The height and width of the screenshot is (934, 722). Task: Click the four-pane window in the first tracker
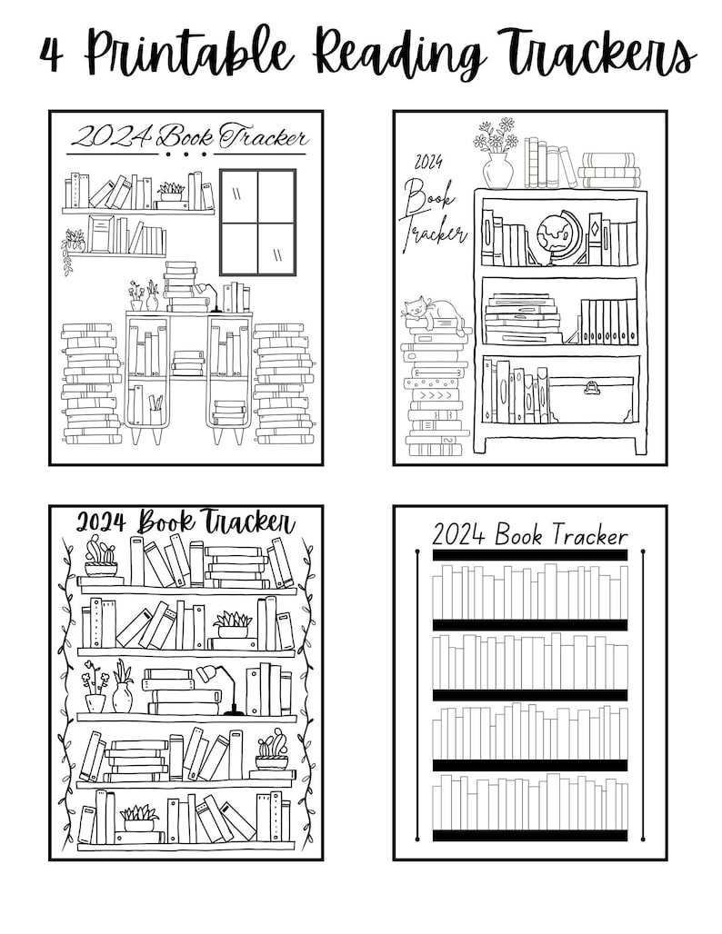click(x=257, y=221)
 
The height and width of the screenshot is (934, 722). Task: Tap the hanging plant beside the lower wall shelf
click(x=73, y=248)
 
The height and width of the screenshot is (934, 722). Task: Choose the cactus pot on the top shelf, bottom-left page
click(x=101, y=557)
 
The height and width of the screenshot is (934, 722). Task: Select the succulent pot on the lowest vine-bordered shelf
click(x=139, y=817)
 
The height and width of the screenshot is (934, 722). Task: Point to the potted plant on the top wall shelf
click(x=171, y=194)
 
